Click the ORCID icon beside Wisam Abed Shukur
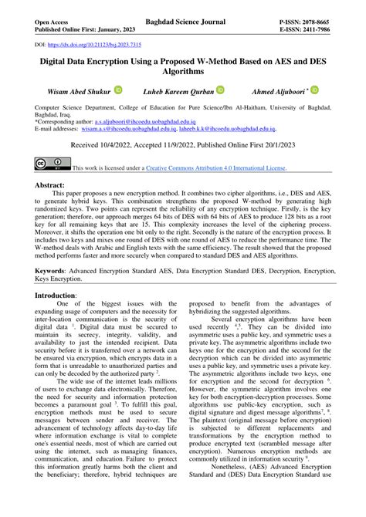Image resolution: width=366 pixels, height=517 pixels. (x=118, y=90)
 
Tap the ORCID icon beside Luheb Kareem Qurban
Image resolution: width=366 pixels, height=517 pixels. (x=220, y=90)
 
